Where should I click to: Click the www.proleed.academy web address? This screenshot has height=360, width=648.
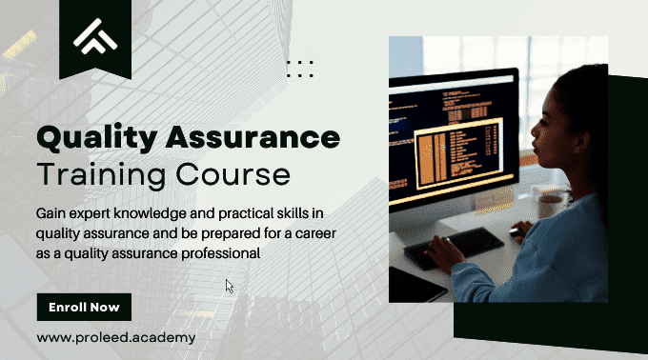click(x=116, y=337)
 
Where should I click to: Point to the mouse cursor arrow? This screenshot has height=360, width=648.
click(x=229, y=285)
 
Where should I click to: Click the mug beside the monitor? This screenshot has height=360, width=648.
click(x=551, y=203)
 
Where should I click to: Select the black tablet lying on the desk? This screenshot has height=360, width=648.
click(x=415, y=282)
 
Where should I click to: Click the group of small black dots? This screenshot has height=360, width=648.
click(x=300, y=68)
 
